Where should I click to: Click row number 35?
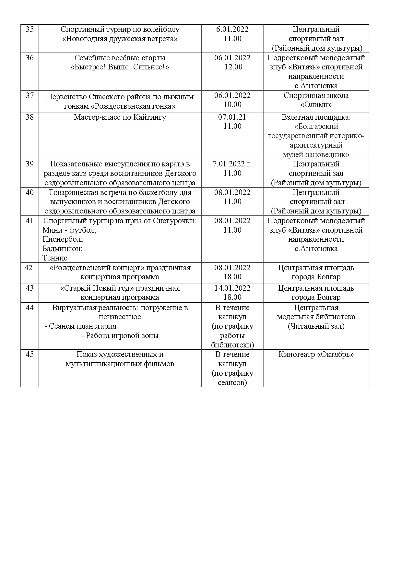[x=30, y=29]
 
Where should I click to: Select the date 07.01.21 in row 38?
[x=232, y=117]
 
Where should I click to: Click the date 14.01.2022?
[x=232, y=288]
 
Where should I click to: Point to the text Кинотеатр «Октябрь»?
[x=316, y=354]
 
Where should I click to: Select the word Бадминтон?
[x=63, y=249]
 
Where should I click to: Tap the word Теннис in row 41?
[x=55, y=258]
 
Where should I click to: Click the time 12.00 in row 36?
[x=232, y=67]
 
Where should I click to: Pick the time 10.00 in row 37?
[x=232, y=104]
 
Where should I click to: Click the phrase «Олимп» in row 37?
[x=316, y=105]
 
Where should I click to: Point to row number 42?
[x=29, y=268]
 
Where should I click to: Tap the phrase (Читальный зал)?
[x=316, y=326]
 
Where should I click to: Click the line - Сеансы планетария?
[x=80, y=326]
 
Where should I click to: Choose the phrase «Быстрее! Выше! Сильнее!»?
[x=120, y=67]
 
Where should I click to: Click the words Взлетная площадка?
[x=316, y=117]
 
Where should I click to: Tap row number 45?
[x=30, y=354]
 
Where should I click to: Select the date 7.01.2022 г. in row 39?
[x=232, y=164]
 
